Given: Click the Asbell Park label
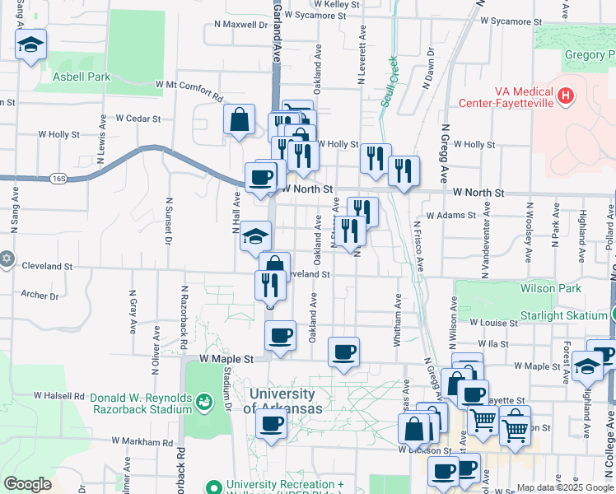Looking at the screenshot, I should coord(81,77).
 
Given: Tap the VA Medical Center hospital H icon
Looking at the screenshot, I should coord(565,96).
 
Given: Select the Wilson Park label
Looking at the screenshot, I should coord(550,288).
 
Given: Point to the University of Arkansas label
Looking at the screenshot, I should coord(281,401).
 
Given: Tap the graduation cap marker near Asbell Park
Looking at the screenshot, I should coord(30,44).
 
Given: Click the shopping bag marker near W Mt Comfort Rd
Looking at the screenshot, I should coord(238,119).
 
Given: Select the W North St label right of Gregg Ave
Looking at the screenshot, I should coord(478,192).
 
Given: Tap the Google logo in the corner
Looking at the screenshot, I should coord(27,483).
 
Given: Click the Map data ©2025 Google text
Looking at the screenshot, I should coord(565,487).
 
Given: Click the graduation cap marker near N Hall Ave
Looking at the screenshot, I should coord(255,236).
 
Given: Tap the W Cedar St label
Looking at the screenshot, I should coord(138,118).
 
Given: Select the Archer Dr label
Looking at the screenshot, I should coord(40,295).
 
